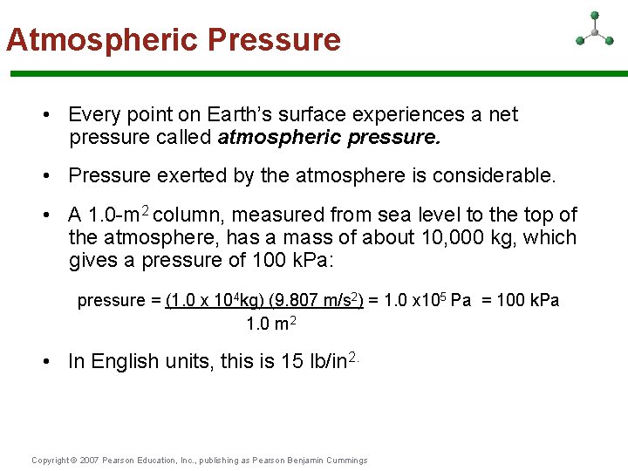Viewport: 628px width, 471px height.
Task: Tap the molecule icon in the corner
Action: point(594,31)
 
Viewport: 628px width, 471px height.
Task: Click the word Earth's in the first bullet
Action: point(239,114)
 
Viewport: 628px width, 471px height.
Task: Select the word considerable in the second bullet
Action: point(489,175)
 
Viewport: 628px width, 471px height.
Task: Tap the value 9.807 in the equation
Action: point(294,300)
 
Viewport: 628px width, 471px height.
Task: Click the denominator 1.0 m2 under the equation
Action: point(271,324)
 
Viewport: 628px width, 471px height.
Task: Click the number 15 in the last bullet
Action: point(292,361)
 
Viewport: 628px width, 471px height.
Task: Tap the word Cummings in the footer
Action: point(345,461)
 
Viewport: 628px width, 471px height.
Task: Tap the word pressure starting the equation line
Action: point(111,301)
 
